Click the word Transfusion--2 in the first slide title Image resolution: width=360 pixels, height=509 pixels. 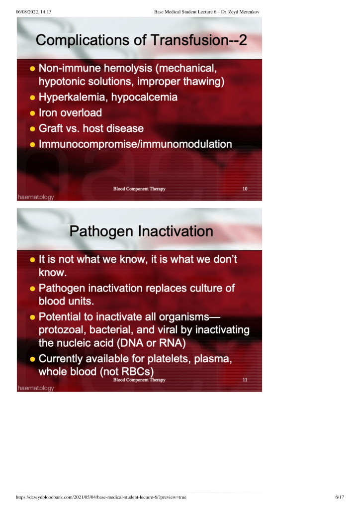(x=198, y=40)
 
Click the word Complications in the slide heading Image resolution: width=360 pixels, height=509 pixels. (x=83, y=41)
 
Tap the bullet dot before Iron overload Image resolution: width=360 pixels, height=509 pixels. (x=32, y=113)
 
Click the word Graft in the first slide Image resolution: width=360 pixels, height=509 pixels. (x=51, y=128)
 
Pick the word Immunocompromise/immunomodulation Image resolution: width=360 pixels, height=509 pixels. (x=135, y=144)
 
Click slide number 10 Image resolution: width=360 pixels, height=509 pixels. (x=245, y=189)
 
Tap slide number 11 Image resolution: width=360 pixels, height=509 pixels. (x=245, y=380)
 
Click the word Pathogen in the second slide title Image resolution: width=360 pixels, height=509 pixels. (x=101, y=232)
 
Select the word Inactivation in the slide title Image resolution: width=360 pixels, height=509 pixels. (x=176, y=231)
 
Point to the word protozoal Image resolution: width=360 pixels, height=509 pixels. (x=62, y=330)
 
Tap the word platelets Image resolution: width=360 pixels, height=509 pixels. (x=169, y=359)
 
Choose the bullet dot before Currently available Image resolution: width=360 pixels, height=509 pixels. (x=32, y=359)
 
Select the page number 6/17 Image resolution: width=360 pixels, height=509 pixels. (x=340, y=497)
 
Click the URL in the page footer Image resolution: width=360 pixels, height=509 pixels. (x=101, y=497)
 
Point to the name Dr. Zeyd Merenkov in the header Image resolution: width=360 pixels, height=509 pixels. (x=240, y=12)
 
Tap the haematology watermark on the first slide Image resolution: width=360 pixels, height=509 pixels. (x=36, y=197)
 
